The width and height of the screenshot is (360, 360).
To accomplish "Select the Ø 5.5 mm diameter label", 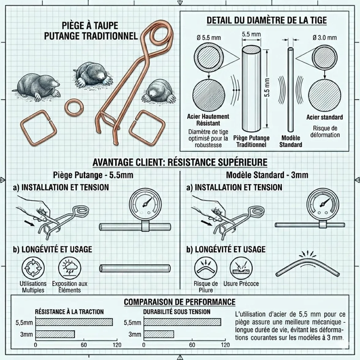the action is click(x=208, y=38).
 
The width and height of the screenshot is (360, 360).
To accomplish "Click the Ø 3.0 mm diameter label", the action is click(x=324, y=38).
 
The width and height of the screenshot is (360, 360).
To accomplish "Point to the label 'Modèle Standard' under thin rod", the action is click(x=291, y=141).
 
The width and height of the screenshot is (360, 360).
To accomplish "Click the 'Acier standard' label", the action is click(x=324, y=117).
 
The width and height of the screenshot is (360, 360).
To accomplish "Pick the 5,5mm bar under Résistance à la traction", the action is click(x=74, y=322).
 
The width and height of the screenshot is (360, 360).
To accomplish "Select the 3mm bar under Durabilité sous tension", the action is click(x=159, y=334).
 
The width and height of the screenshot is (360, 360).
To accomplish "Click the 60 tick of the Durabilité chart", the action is click(x=192, y=345).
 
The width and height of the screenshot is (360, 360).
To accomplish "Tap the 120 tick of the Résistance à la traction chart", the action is click(x=117, y=345).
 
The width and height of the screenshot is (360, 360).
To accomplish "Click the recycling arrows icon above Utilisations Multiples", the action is click(x=33, y=268).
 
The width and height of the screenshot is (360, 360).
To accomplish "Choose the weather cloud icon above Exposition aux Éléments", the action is click(x=69, y=268).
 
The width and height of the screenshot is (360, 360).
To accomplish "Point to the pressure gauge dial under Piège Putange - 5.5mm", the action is click(x=145, y=204).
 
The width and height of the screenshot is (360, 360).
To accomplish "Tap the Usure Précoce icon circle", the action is click(x=241, y=268).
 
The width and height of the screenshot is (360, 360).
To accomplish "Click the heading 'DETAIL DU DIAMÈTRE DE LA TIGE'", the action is click(x=267, y=21).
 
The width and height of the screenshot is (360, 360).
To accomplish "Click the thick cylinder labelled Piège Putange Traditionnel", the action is click(x=251, y=89).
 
